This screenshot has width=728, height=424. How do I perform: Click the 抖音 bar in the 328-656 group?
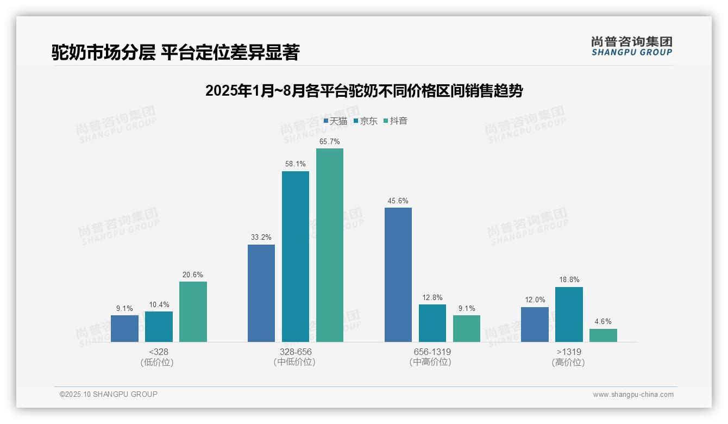click(x=330, y=245)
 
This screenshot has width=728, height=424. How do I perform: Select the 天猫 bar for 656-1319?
click(x=398, y=275)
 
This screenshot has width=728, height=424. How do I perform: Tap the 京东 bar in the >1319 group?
click(x=569, y=314)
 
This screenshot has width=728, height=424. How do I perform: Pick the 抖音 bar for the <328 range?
click(x=193, y=311)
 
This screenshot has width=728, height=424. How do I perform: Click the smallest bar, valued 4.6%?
click(x=603, y=335)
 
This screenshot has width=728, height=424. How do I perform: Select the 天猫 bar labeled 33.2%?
click(x=261, y=293)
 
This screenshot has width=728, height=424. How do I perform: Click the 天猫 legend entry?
click(x=335, y=121)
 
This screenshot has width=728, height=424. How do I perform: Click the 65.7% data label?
click(x=330, y=141)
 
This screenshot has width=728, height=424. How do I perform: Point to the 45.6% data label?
click(x=398, y=201)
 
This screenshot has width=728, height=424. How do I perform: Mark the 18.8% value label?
click(x=569, y=280)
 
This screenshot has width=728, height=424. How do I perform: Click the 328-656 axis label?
click(x=296, y=352)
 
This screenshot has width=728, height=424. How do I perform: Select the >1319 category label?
click(x=569, y=352)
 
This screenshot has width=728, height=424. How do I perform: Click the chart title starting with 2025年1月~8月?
click(x=364, y=91)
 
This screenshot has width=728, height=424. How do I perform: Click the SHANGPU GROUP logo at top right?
click(x=631, y=46)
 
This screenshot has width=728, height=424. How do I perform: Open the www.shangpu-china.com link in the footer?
click(x=633, y=395)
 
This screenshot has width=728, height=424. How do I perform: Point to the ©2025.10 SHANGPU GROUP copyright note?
click(x=109, y=394)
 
